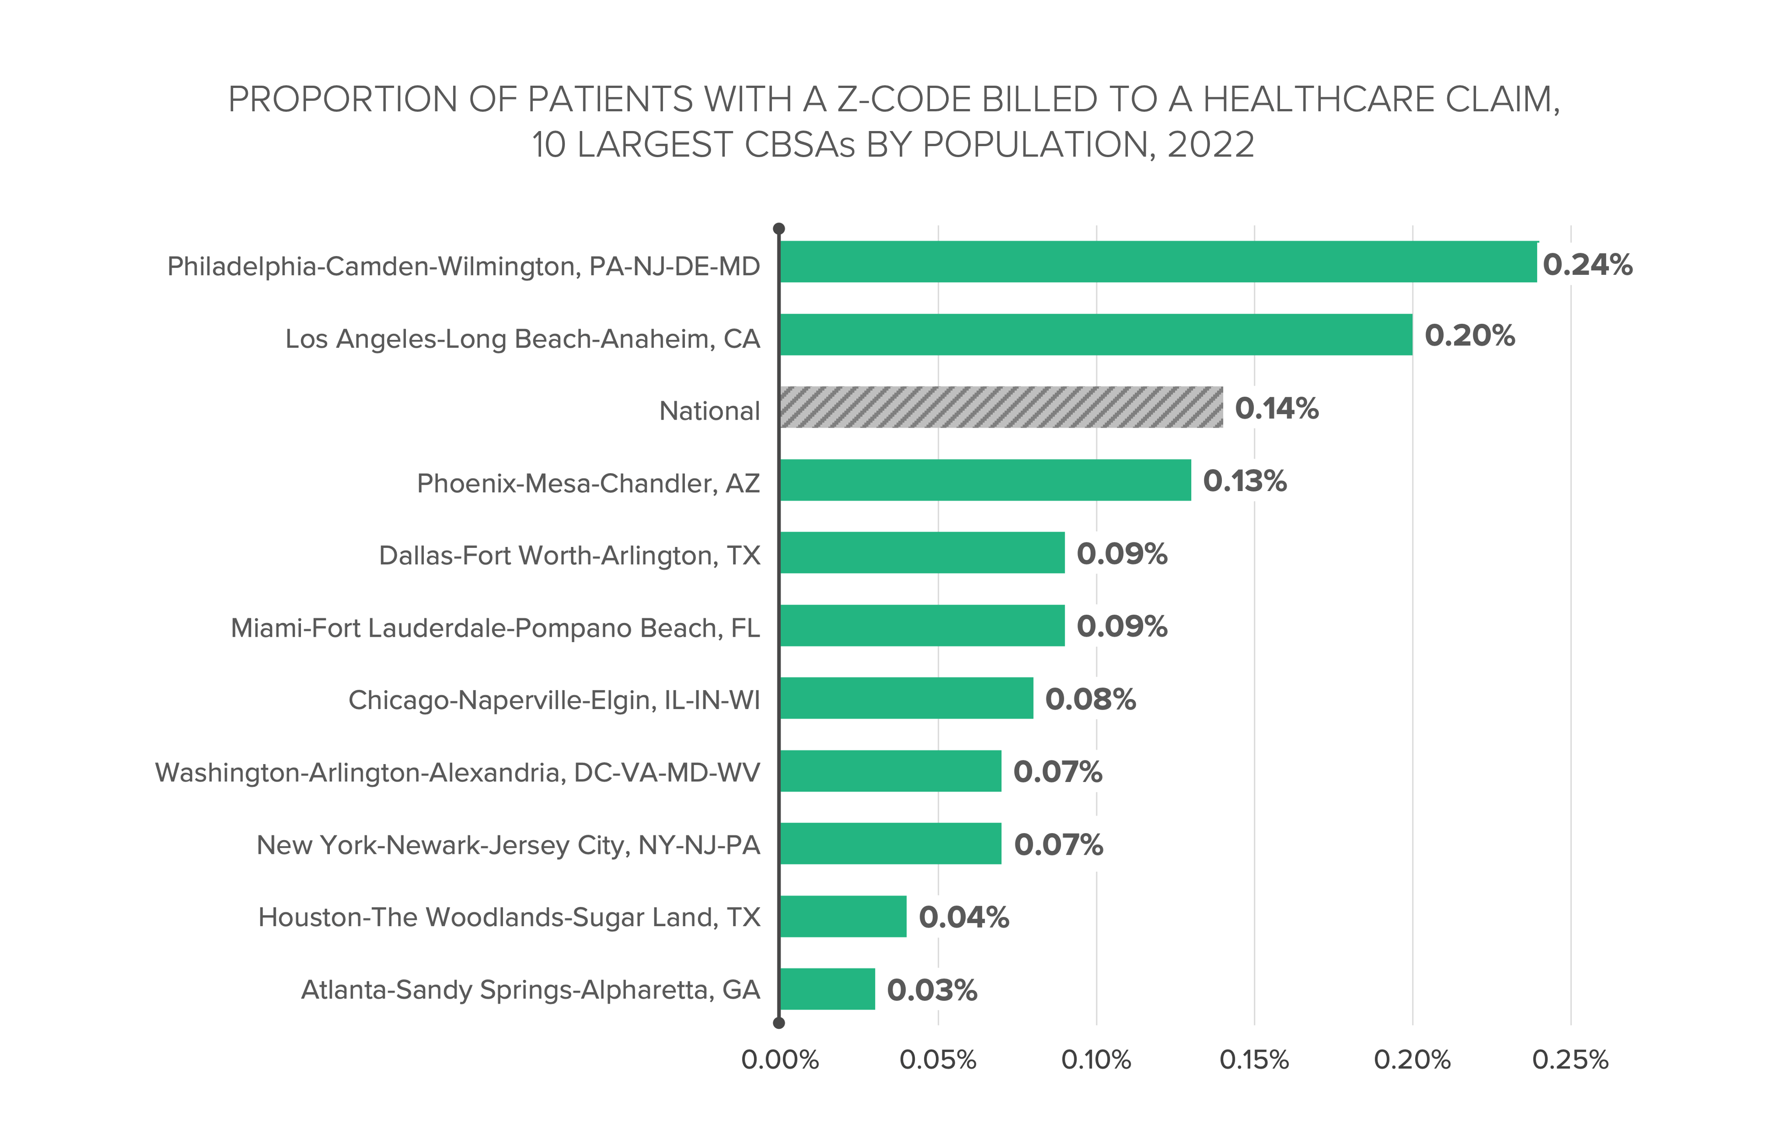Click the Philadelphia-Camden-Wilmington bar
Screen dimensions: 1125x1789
pos(1158,262)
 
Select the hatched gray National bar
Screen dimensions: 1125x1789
pos(1001,407)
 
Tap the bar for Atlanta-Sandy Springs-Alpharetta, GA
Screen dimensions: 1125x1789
pos(827,989)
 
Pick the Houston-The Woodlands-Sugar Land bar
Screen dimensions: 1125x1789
pos(843,916)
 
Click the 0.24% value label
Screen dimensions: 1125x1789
pos(1587,265)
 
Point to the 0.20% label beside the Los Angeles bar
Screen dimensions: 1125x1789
pos(1469,336)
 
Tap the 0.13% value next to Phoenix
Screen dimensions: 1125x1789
pos(1244,481)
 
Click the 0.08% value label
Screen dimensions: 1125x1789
pos(1090,699)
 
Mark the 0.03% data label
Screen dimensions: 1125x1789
pos(932,990)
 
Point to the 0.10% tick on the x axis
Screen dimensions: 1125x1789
pos(1096,1059)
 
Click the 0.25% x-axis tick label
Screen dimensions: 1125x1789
pos(1570,1059)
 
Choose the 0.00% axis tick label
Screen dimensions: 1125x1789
pos(779,1059)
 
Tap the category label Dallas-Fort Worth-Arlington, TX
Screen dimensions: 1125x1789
pos(569,556)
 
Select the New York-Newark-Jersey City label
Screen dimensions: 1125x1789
pos(508,845)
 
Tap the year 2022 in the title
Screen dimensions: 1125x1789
pos(1210,145)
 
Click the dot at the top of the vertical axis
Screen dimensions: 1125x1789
pos(779,229)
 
